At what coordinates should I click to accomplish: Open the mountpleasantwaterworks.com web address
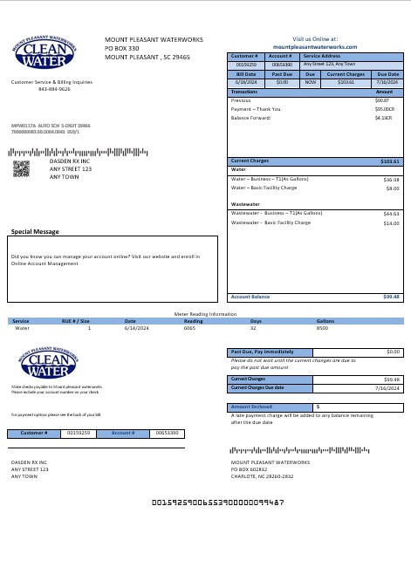pos(315,46)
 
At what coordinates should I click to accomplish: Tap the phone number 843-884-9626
pos(54,89)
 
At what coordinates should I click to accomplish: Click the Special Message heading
pos(35,231)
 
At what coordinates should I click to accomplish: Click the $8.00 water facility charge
pos(392,188)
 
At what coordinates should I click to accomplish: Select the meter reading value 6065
pos(188,328)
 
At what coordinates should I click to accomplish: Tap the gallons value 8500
pos(322,328)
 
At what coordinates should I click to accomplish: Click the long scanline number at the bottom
pos(218,503)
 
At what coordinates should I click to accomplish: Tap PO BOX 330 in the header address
pos(122,48)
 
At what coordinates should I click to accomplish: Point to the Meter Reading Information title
pos(205,313)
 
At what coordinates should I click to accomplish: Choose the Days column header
pos(256,320)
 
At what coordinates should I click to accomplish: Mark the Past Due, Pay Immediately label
pos(262,351)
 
